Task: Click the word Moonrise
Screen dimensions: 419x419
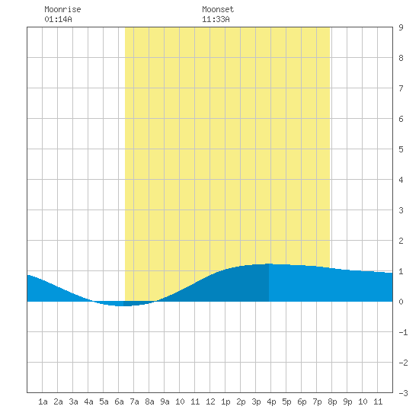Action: click(62, 9)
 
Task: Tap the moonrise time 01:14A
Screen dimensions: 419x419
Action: click(58, 19)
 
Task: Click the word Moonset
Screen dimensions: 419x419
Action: click(218, 9)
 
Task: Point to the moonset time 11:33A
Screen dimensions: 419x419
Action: click(216, 19)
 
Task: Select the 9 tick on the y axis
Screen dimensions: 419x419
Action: click(401, 27)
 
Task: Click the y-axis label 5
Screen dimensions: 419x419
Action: click(401, 149)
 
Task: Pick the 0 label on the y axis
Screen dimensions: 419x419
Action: click(401, 302)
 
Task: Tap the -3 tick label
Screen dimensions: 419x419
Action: click(403, 393)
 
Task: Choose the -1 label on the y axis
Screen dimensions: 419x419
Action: click(403, 332)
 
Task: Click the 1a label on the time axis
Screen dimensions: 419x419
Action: click(43, 401)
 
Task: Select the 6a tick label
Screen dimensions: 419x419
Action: click(119, 401)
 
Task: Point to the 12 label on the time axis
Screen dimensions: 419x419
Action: click(210, 401)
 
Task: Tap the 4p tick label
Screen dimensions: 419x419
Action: click(271, 401)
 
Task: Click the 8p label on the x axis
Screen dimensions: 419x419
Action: click(332, 401)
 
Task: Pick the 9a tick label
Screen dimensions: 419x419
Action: click(165, 401)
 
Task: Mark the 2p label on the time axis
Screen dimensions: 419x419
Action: click(241, 401)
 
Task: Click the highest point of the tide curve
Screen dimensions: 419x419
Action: click(269, 264)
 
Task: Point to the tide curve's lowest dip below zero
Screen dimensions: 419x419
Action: click(123, 305)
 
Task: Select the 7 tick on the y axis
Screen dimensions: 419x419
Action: click(401, 88)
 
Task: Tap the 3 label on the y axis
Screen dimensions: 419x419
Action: click(401, 210)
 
